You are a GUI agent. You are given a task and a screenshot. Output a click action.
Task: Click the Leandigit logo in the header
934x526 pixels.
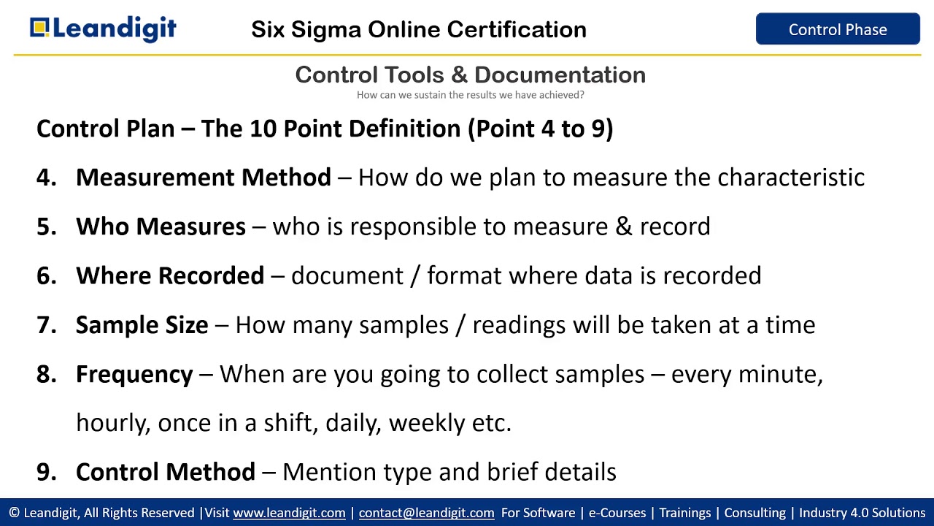103,29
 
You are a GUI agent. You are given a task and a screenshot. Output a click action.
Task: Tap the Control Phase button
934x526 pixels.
838,29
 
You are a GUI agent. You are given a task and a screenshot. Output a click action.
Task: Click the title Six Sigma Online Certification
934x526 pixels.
419,29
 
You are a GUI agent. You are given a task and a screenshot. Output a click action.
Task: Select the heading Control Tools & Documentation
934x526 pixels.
470,75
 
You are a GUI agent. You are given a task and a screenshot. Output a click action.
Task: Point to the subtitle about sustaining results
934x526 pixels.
470,95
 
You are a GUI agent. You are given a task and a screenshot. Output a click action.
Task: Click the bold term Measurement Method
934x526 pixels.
203,178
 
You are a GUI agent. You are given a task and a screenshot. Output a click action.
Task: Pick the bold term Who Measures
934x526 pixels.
161,226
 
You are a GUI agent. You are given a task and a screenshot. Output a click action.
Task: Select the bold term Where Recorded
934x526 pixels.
169,275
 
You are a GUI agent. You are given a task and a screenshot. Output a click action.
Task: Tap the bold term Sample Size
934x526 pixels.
142,324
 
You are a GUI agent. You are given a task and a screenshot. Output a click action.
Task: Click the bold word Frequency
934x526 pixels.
134,374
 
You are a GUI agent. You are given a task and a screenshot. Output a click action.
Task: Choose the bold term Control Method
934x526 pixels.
165,472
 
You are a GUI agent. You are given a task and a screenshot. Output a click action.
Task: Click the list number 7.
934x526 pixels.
45,324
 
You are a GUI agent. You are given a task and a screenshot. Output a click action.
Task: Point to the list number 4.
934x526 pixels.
45,178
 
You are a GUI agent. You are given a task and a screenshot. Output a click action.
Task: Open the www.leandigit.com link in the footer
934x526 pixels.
289,513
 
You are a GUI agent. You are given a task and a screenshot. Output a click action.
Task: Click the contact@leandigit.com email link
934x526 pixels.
426,513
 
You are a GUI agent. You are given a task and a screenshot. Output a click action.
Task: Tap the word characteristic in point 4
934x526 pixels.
791,178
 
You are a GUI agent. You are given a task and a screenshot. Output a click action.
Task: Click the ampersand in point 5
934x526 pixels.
624,226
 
